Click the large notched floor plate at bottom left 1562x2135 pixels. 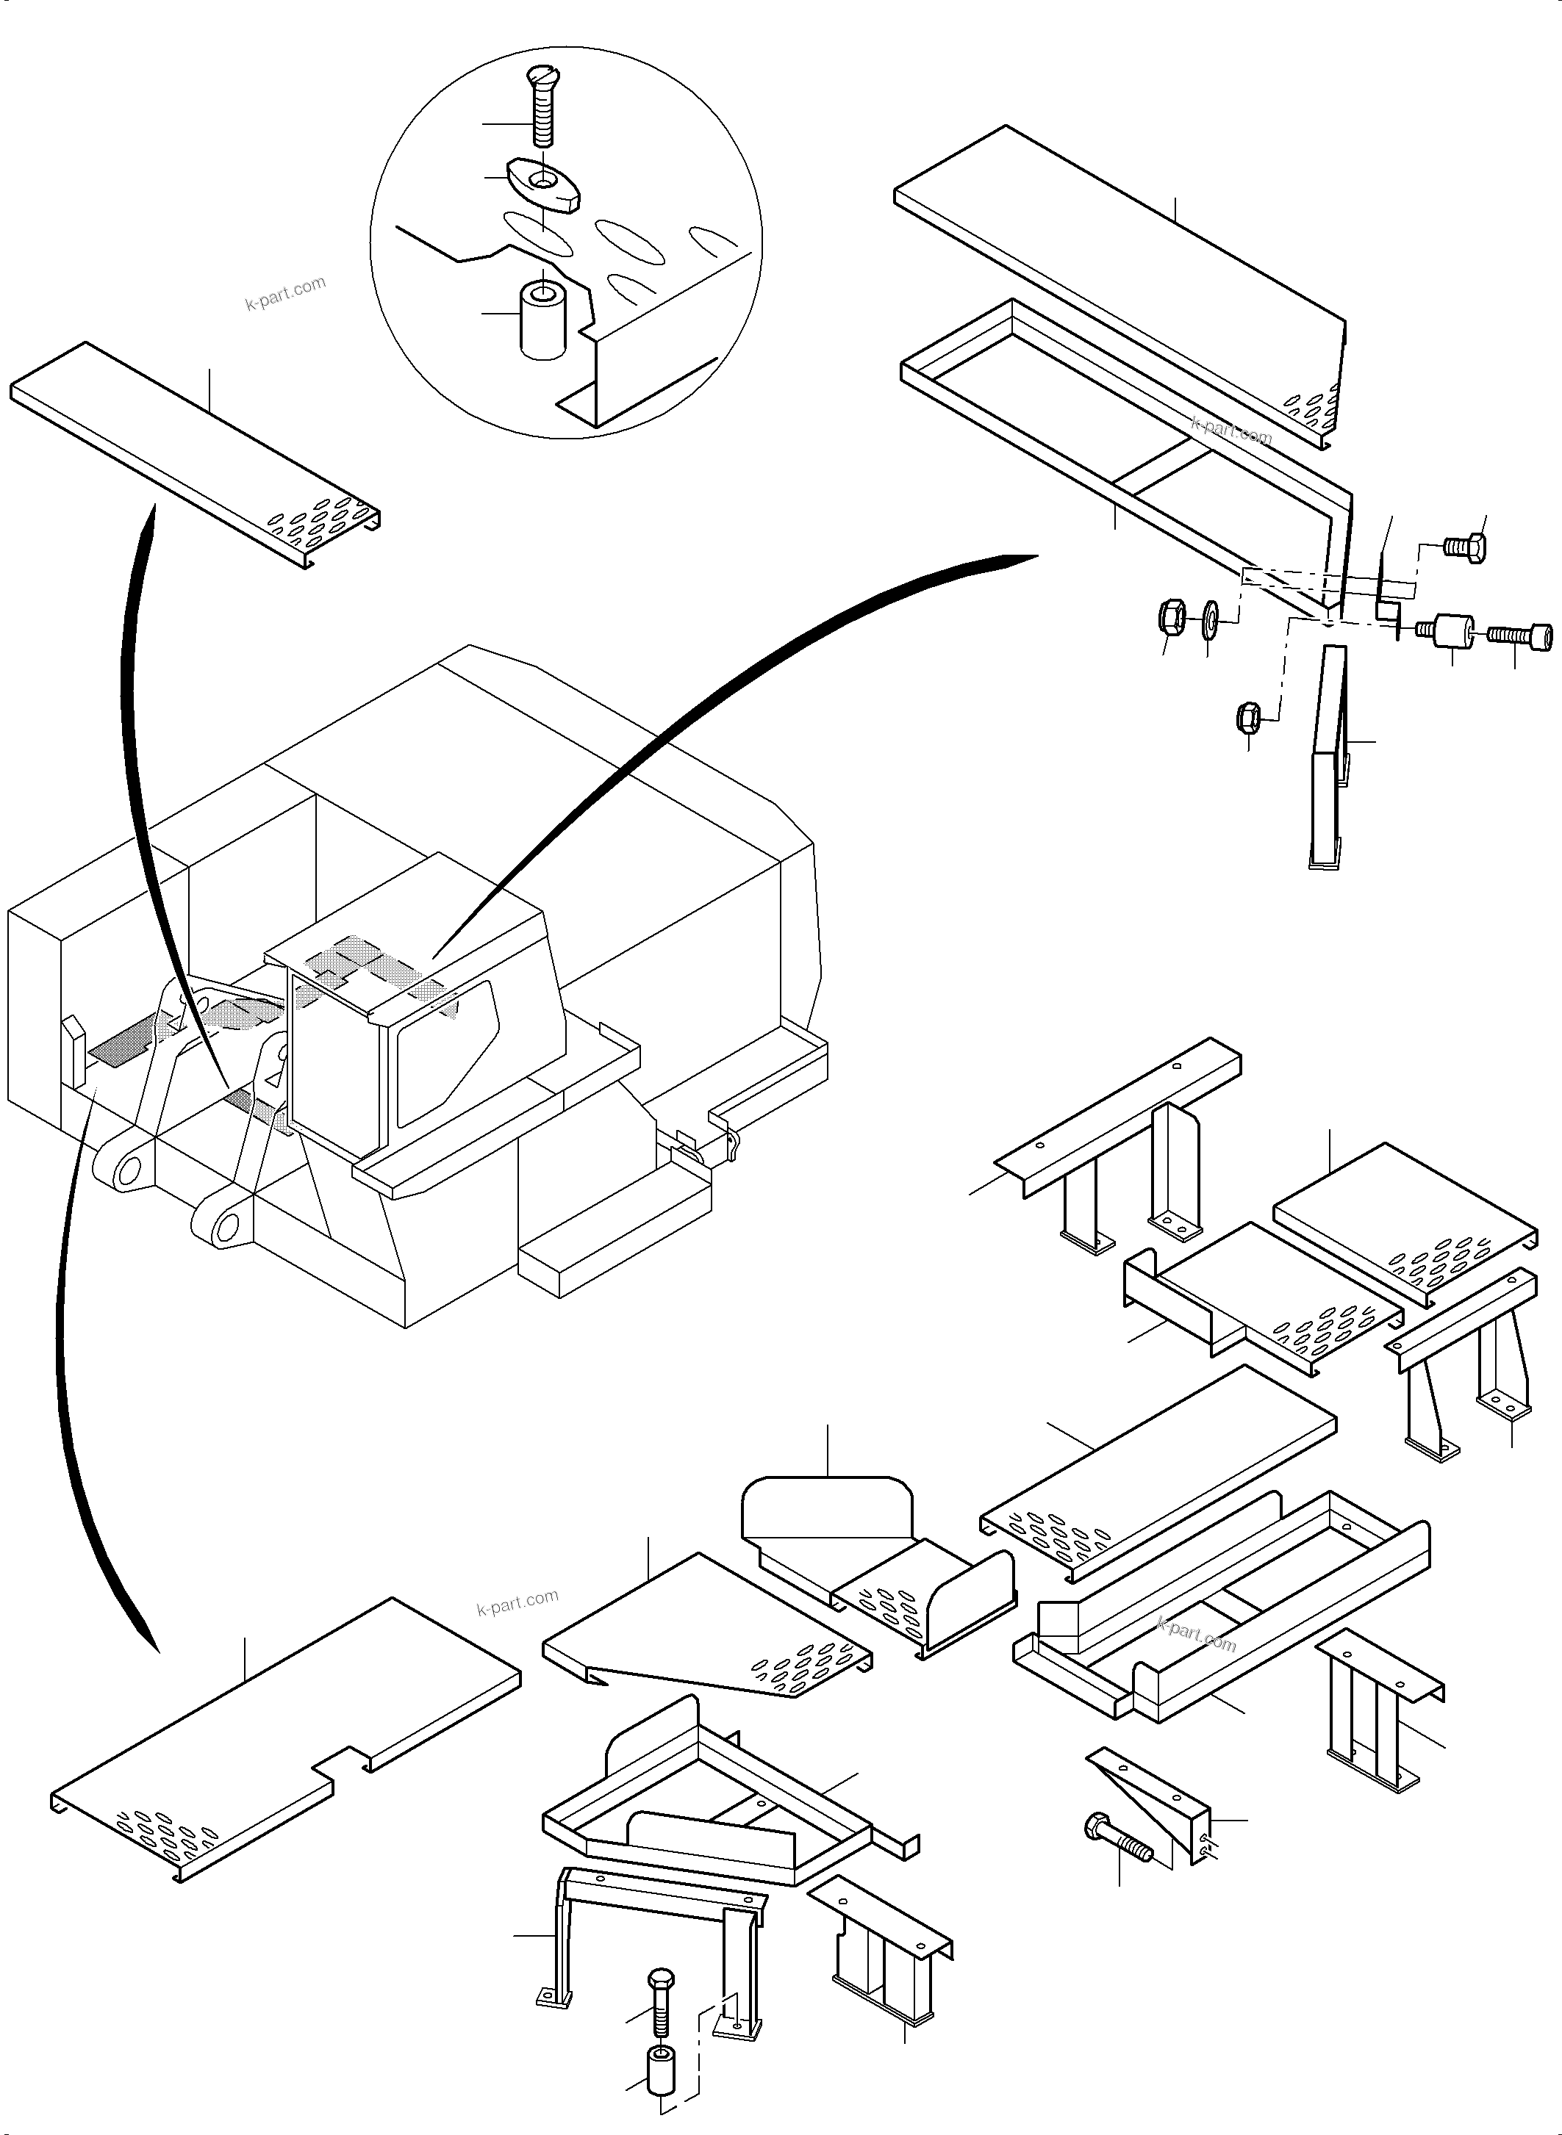284,1739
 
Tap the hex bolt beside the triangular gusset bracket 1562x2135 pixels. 1119,1835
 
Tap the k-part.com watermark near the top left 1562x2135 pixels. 284,293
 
